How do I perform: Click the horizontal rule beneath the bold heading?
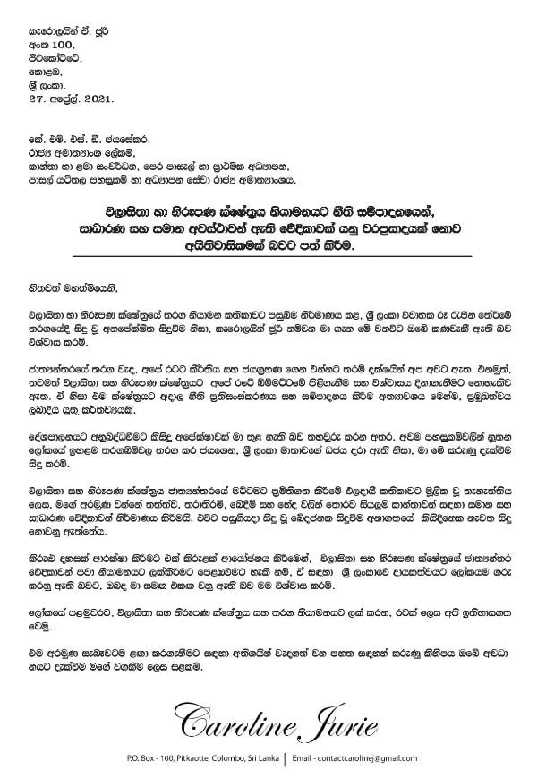coord(272,259)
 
